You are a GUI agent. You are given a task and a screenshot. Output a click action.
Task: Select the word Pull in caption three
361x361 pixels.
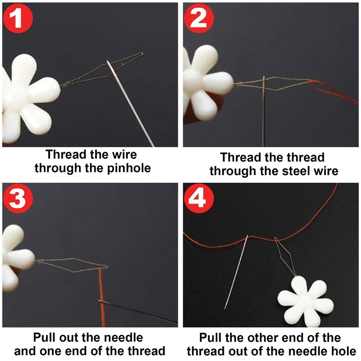46,337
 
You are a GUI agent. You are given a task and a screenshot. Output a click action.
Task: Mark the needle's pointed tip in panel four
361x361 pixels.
225,308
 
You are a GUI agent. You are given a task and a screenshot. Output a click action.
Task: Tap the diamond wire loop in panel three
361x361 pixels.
72,266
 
